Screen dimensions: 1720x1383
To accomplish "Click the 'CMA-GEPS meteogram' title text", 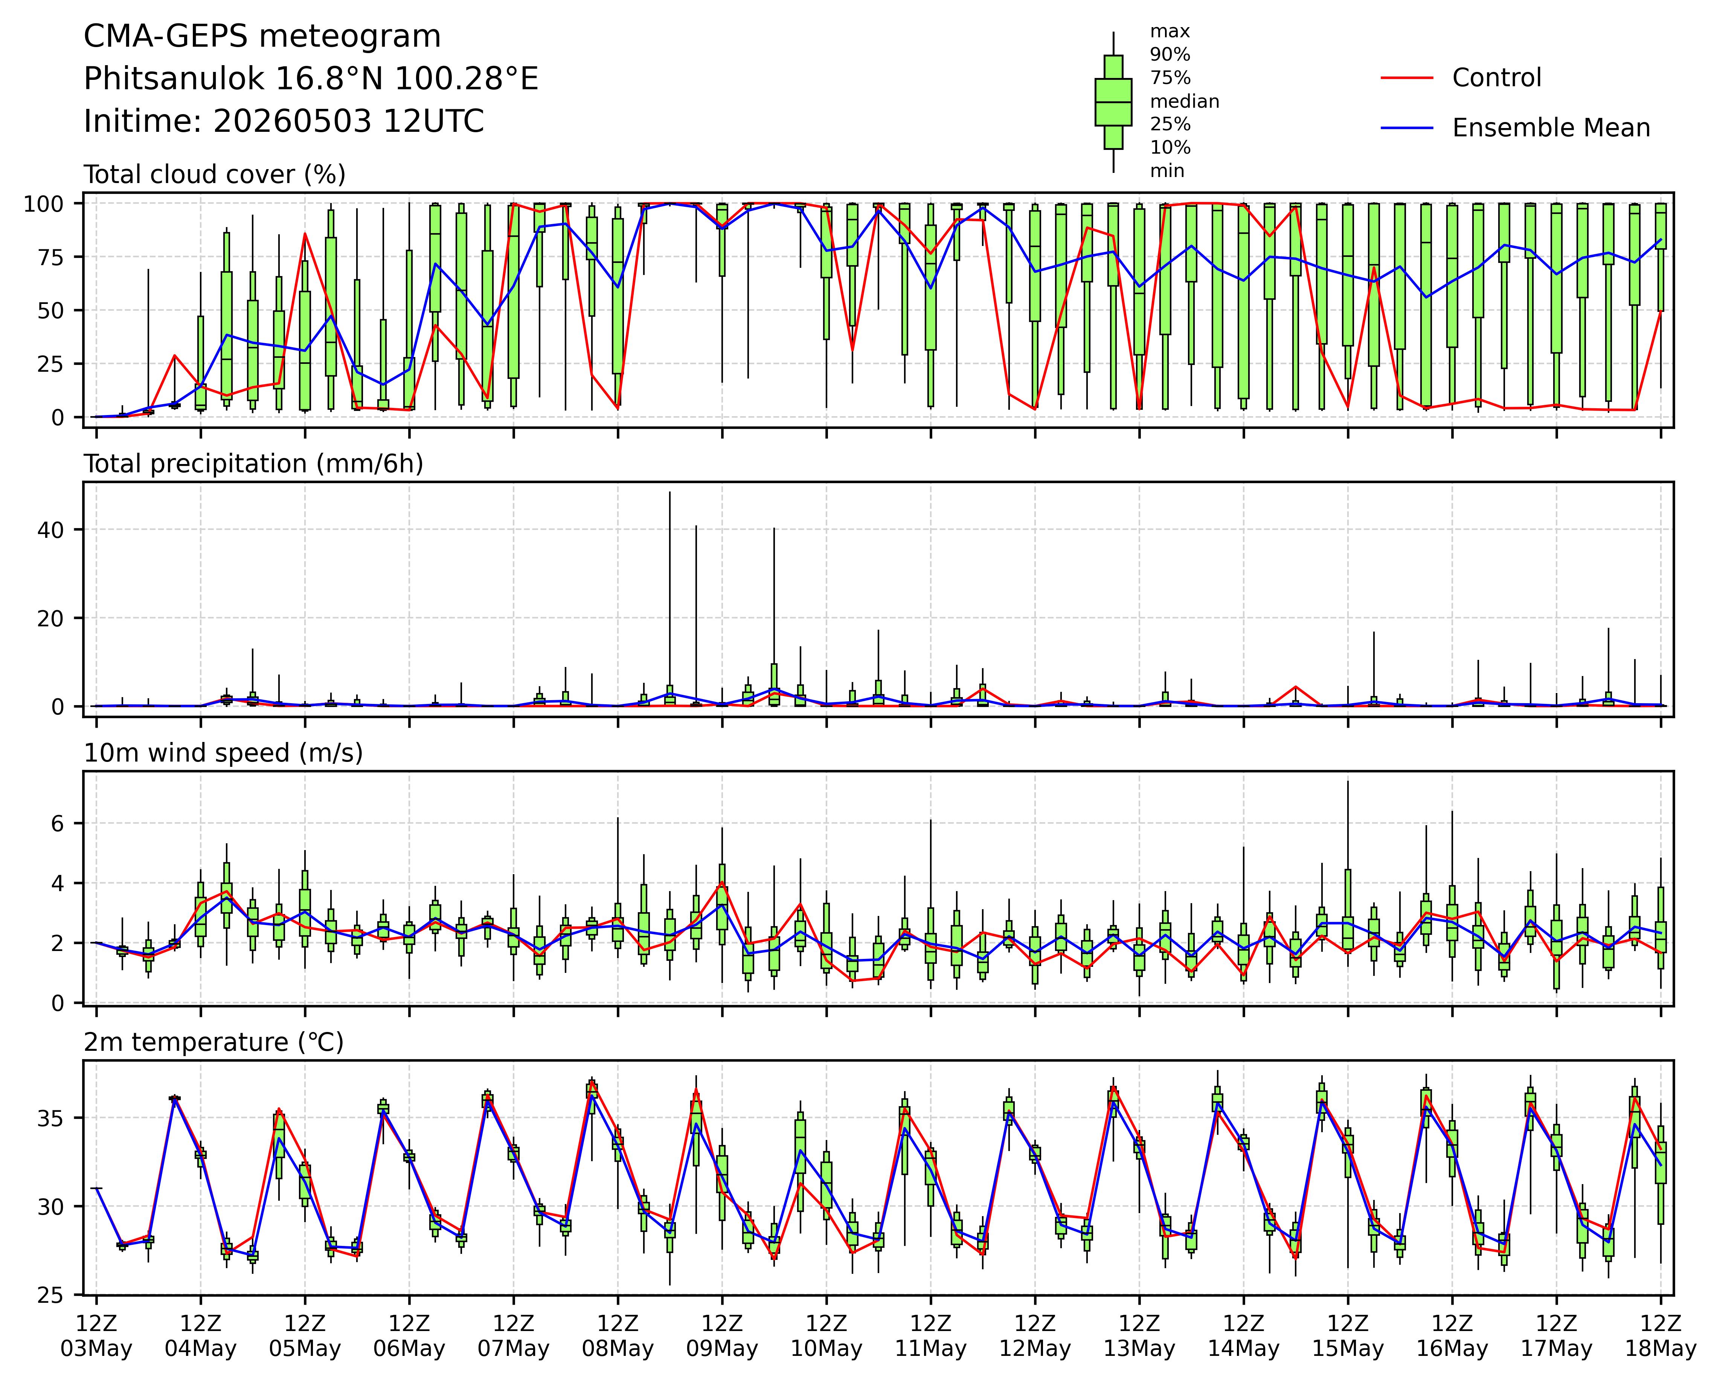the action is coord(262,37).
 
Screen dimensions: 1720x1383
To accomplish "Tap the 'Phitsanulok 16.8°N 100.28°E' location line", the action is coord(311,79).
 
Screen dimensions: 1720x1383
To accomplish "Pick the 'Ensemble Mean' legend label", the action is coord(1551,128).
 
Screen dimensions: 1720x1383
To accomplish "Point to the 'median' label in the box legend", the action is coord(1184,101).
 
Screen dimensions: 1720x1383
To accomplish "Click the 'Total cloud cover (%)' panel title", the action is coord(215,174).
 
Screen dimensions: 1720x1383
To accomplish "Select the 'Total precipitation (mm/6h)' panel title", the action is coord(253,464).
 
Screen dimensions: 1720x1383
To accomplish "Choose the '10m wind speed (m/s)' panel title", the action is coord(223,753).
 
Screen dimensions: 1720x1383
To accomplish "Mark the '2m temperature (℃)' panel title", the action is coord(214,1042).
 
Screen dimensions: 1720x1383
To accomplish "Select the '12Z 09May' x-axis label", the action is coord(722,1336).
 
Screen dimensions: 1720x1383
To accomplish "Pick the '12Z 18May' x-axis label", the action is coord(1661,1336).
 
